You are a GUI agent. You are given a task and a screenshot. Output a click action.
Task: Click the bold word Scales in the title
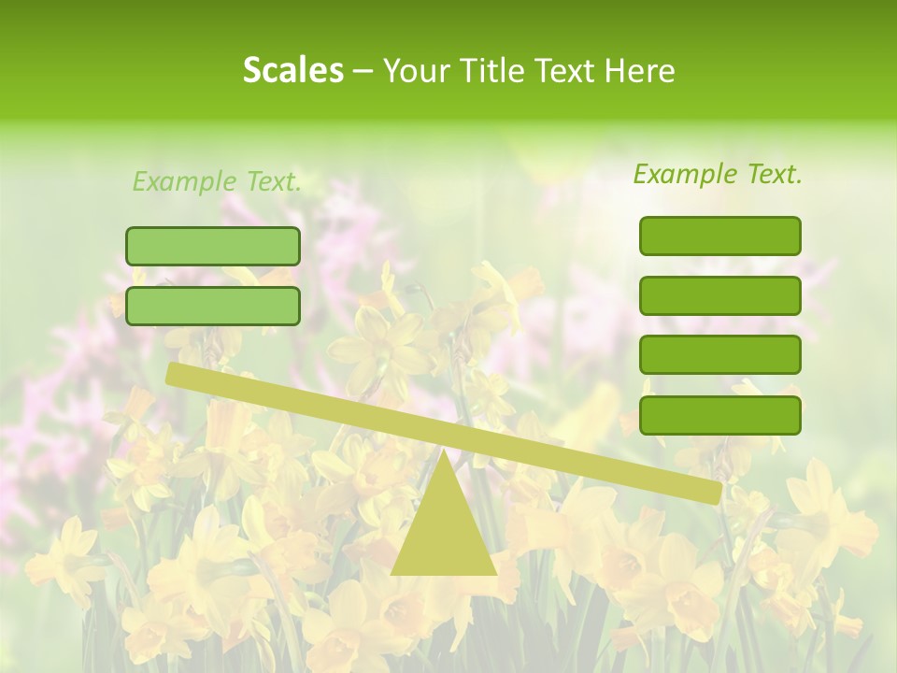click(x=292, y=70)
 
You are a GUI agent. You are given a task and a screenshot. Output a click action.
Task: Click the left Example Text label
click(x=217, y=181)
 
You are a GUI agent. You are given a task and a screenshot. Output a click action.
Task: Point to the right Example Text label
click(x=718, y=174)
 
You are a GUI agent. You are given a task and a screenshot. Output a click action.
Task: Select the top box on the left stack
click(x=213, y=246)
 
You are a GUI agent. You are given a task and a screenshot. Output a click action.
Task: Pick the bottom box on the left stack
click(x=213, y=306)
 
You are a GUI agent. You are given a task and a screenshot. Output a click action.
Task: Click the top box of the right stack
click(x=719, y=236)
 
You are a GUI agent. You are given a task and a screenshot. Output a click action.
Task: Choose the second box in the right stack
click(x=719, y=295)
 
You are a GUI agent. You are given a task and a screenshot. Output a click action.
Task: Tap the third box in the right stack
click(x=719, y=355)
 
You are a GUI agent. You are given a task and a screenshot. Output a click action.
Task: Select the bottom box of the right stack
click(x=719, y=415)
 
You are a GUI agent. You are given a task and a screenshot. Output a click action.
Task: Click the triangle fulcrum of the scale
click(x=444, y=528)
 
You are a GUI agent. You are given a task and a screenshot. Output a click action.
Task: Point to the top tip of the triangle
click(x=444, y=450)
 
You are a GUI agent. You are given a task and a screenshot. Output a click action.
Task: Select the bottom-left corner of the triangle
click(x=392, y=573)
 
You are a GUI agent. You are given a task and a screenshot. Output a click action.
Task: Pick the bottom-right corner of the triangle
click(x=495, y=573)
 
